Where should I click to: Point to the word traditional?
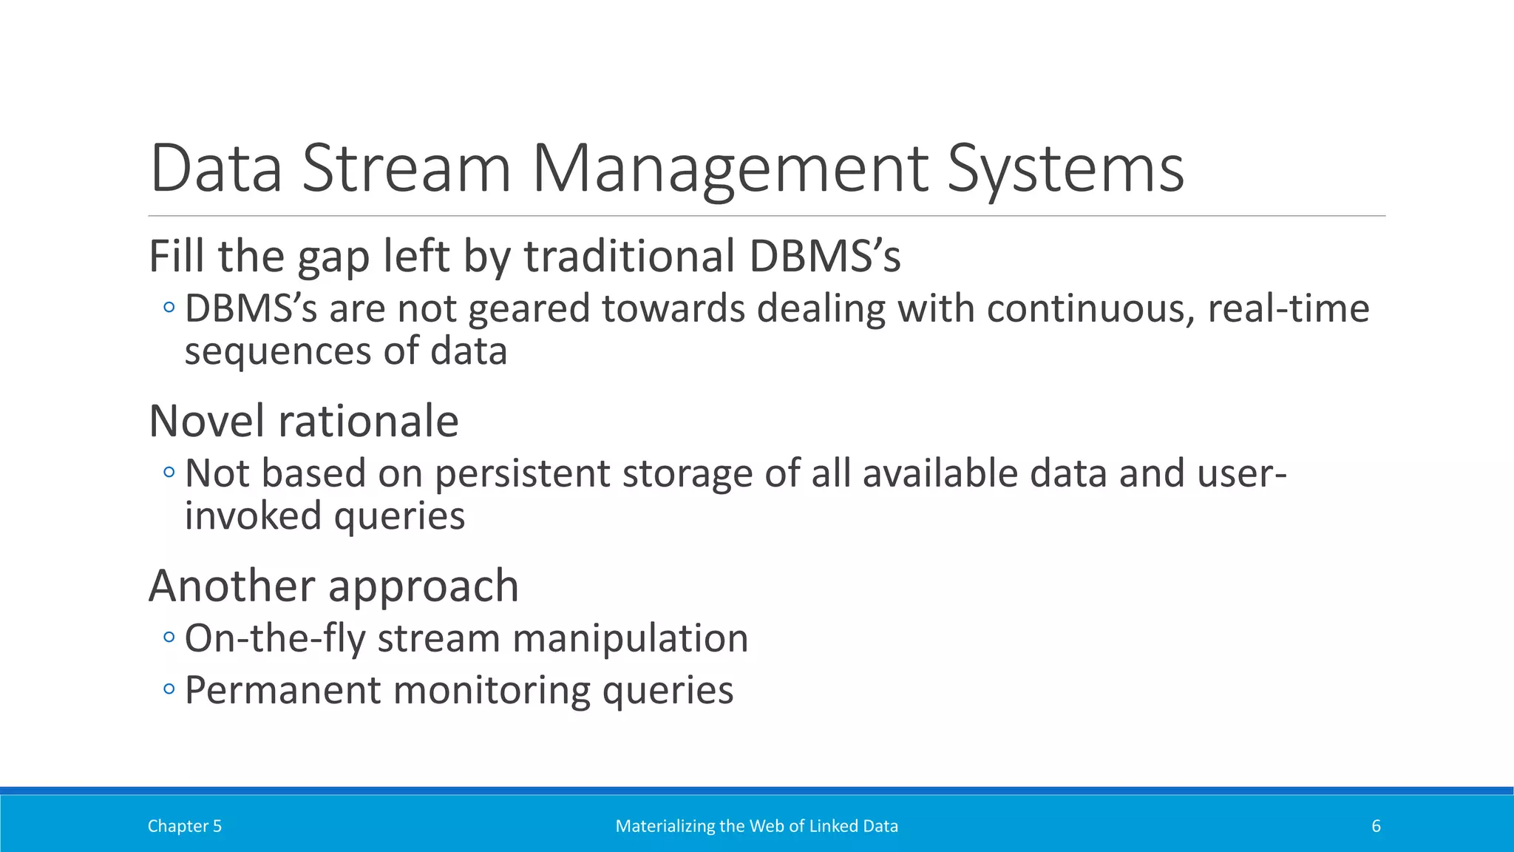628,257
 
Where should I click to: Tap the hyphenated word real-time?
1288,308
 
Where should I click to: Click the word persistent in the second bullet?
522,473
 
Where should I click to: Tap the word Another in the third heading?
231,586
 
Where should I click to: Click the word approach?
423,586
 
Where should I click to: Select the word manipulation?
630,638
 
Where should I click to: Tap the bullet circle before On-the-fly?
169,637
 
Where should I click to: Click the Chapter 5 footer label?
185,826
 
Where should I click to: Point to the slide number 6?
1376,826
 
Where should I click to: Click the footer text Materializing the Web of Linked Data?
756,826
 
